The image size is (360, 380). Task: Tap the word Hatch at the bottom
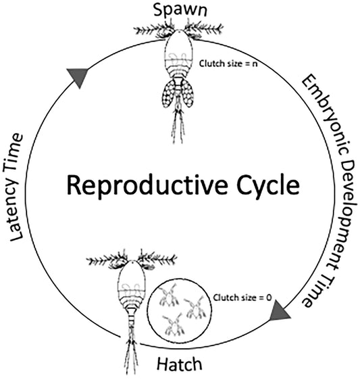(x=180, y=366)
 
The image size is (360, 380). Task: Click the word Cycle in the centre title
(x=264, y=184)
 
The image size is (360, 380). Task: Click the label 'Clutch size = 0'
(x=236, y=298)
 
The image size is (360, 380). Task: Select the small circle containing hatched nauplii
(x=180, y=310)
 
